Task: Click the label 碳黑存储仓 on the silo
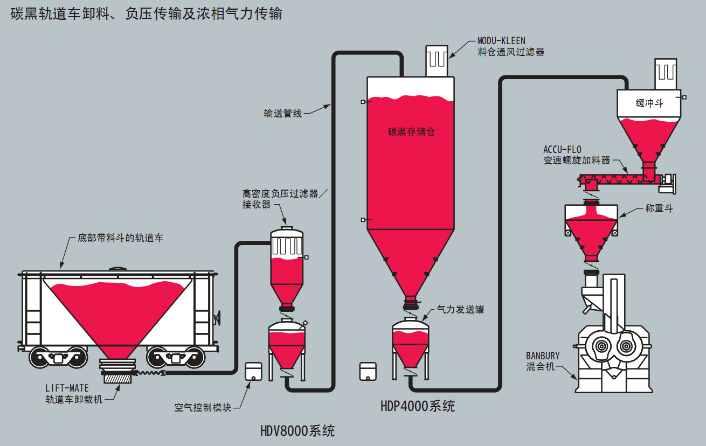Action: pyautogui.click(x=411, y=131)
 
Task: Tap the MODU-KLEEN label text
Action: pyautogui.click(x=501, y=41)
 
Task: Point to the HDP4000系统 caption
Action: pyautogui.click(x=418, y=406)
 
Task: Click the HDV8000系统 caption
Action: pyautogui.click(x=297, y=431)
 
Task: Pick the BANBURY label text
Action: pyautogui.click(x=543, y=356)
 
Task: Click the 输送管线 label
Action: pyautogui.click(x=283, y=113)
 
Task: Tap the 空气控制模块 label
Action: pyautogui.click(x=203, y=408)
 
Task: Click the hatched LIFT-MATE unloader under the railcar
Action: pyautogui.click(x=117, y=377)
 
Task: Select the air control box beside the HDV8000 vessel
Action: pyautogui.click(x=253, y=371)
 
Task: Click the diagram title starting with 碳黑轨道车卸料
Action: pyautogui.click(x=146, y=13)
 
